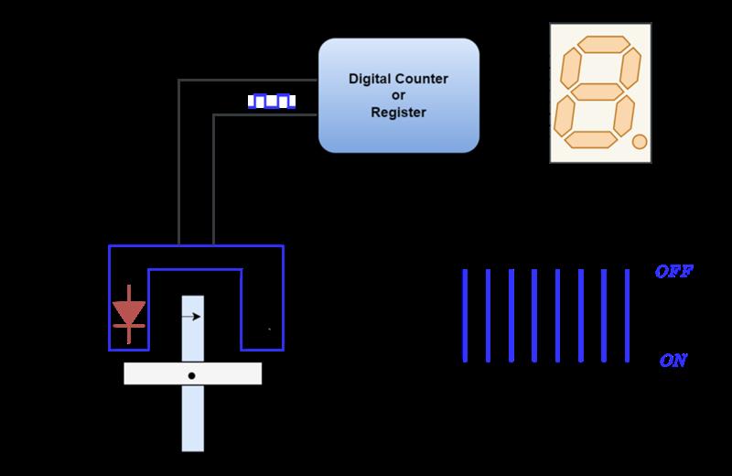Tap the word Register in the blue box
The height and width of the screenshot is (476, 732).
pos(399,113)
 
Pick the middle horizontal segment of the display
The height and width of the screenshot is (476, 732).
pos(595,92)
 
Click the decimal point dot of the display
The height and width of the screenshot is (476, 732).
pos(640,141)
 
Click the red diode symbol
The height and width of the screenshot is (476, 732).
pos(128,311)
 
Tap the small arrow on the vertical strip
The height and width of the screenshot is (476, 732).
pos(191,317)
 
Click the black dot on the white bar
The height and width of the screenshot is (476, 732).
pos(192,375)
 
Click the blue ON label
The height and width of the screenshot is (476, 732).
pos(673,361)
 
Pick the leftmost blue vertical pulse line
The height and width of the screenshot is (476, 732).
pos(465,316)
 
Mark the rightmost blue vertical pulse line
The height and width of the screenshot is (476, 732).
pos(627,316)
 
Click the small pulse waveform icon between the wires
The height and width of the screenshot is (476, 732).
pos(273,100)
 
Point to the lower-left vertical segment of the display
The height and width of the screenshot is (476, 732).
pos(564,115)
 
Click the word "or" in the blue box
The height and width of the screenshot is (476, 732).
pos(399,95)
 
